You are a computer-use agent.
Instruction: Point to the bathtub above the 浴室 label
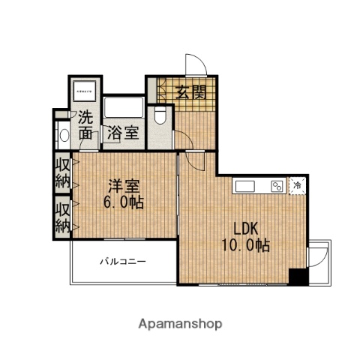point(124,106)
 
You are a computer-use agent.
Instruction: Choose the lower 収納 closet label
point(62,215)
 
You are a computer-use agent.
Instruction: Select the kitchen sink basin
point(247,186)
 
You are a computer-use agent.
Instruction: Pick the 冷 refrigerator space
point(298,184)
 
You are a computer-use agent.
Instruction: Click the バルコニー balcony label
point(124,262)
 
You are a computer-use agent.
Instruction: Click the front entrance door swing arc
point(191,64)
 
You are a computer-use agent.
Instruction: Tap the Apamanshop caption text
point(180,324)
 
